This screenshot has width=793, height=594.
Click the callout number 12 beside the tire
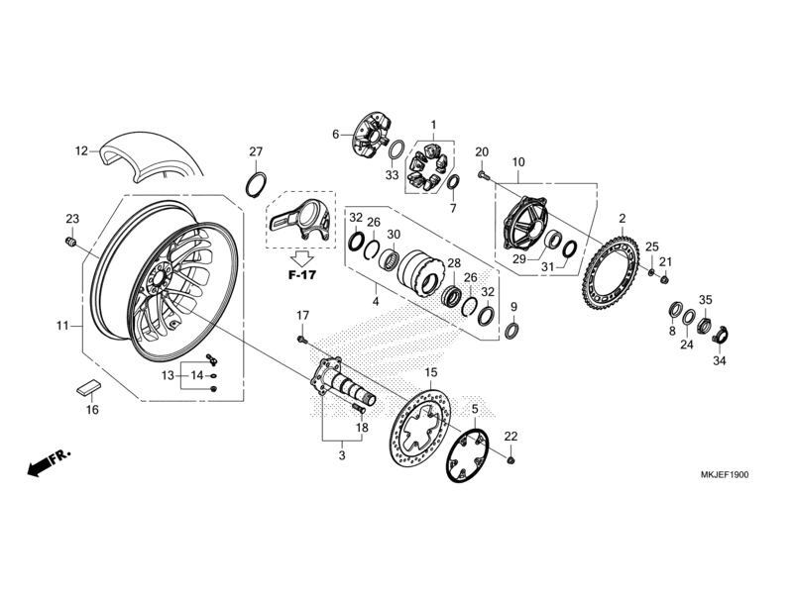click(x=81, y=151)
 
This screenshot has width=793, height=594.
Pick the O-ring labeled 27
click(x=256, y=184)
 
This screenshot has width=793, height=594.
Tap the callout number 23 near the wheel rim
click(x=71, y=219)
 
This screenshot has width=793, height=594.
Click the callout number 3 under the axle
click(x=341, y=456)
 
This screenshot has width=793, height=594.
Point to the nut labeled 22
click(x=510, y=460)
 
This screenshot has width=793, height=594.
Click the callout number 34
click(x=719, y=361)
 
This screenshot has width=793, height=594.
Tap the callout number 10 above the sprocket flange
click(x=517, y=161)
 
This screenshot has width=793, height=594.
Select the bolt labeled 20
click(x=483, y=175)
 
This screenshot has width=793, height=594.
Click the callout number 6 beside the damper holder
click(x=336, y=134)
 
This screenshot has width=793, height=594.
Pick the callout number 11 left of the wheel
click(x=61, y=325)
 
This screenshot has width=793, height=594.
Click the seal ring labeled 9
click(x=512, y=330)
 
